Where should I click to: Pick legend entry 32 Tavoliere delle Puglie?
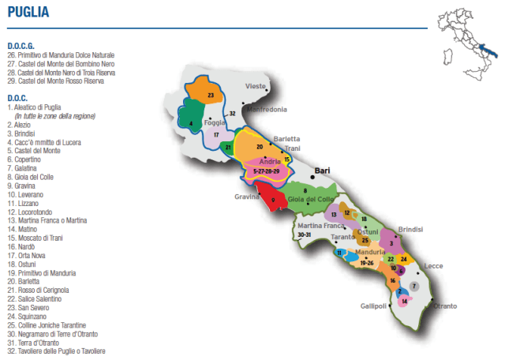tap(56, 351)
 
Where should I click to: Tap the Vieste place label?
tap(256, 85)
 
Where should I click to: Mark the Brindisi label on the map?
tap(410, 228)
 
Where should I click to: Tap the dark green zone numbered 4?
tap(193, 123)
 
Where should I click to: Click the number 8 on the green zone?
tap(305, 190)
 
